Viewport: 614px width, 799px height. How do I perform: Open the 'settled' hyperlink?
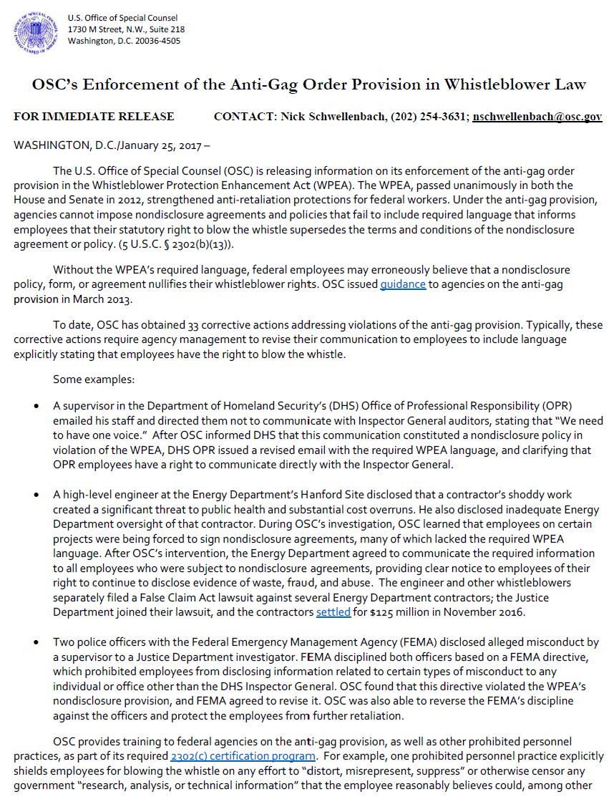(333, 613)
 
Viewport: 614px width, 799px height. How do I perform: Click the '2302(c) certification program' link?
(243, 756)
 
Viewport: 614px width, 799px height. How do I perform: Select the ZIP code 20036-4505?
(157, 40)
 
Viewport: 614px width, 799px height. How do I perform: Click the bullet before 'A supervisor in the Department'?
(36, 407)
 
